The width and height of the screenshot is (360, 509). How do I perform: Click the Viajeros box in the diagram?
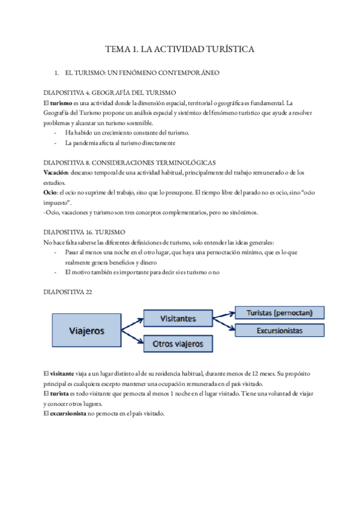click(x=87, y=331)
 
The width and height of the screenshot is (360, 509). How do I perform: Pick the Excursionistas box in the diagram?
click(x=279, y=331)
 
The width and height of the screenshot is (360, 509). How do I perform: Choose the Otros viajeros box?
click(x=178, y=344)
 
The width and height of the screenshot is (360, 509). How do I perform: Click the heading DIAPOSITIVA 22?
click(x=68, y=292)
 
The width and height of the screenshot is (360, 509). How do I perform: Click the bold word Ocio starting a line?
click(x=51, y=193)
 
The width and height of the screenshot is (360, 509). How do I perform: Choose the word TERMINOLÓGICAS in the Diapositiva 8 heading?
click(x=185, y=163)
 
